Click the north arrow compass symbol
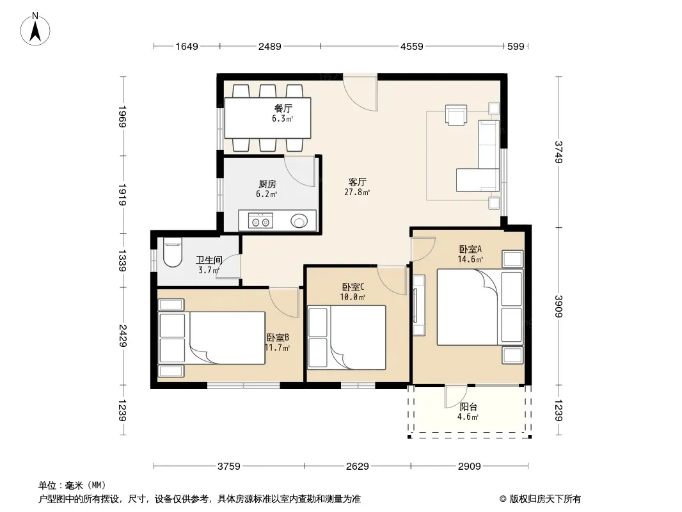click(35, 29)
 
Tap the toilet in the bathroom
click(172, 252)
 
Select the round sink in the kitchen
click(299, 221)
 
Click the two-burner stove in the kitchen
click(260, 221)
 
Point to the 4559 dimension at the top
click(411, 46)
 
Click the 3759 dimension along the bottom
click(229, 467)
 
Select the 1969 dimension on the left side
click(123, 116)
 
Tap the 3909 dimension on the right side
click(559, 307)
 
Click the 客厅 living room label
click(357, 182)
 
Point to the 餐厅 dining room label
click(283, 108)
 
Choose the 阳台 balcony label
click(468, 407)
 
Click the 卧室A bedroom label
click(470, 249)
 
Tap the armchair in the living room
click(456, 115)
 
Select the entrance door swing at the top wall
click(360, 93)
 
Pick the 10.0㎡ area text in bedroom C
click(353, 297)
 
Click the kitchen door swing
click(300, 171)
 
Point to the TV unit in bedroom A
click(418, 305)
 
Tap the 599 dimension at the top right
click(516, 46)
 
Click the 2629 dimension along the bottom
click(357, 467)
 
